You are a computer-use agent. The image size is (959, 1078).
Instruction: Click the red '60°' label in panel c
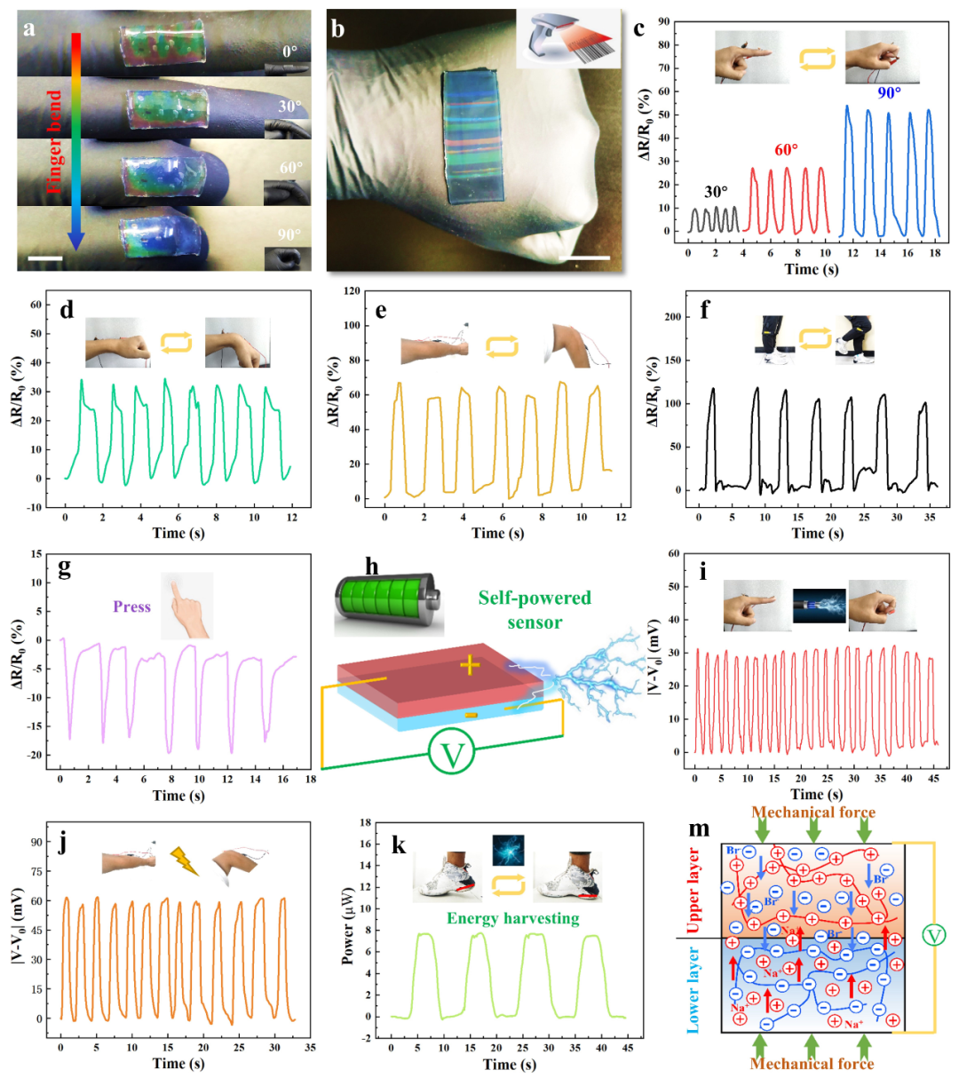[786, 149]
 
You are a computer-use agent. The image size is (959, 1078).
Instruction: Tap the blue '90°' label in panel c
[889, 92]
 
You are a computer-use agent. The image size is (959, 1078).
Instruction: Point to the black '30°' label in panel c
[716, 192]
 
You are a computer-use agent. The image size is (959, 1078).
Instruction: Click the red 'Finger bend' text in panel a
[55, 142]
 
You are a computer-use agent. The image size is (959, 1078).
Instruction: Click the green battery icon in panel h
[387, 605]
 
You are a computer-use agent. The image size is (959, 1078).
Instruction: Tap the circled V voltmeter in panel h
[453, 755]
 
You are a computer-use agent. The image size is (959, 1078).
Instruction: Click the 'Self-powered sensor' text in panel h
[535, 609]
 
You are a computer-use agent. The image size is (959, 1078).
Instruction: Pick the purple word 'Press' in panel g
[131, 607]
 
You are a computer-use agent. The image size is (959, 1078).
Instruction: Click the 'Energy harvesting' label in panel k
[512, 918]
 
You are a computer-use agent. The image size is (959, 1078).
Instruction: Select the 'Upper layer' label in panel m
[694, 884]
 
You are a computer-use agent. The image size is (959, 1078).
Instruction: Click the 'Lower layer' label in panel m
[694, 989]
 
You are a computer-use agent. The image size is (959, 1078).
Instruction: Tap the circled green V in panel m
[933, 934]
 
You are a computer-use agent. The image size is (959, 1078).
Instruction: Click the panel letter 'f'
[704, 311]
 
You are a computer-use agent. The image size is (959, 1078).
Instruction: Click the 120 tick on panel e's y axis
[353, 291]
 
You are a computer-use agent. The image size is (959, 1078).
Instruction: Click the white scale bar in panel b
[585, 258]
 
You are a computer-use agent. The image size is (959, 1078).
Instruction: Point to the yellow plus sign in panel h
[470, 665]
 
